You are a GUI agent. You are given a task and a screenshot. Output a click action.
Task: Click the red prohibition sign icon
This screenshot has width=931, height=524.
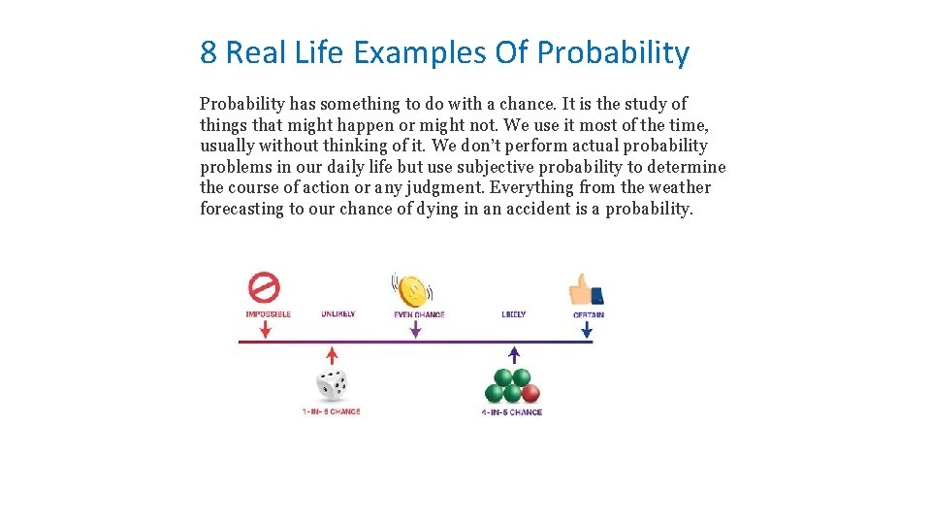[264, 287]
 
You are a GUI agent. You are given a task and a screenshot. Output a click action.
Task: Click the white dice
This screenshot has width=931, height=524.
[333, 385]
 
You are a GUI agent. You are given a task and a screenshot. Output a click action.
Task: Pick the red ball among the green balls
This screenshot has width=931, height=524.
[530, 393]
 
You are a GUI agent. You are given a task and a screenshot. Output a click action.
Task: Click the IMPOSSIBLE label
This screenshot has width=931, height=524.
[268, 314]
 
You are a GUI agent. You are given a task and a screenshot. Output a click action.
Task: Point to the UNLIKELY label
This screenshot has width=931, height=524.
[338, 314]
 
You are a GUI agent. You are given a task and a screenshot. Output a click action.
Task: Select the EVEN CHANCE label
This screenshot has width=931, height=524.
[418, 314]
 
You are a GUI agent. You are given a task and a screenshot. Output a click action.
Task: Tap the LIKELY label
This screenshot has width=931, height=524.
[514, 314]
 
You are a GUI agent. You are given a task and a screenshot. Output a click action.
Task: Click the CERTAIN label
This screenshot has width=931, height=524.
[589, 314]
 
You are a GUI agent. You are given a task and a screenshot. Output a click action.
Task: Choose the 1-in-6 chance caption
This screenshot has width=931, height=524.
[331, 411]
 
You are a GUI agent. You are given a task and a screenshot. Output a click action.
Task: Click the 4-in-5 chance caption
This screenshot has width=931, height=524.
[512, 411]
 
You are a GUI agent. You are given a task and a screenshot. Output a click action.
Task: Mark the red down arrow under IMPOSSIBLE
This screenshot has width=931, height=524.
[266, 330]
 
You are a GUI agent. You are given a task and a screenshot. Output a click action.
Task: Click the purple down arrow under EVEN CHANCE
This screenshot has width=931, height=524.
[415, 330]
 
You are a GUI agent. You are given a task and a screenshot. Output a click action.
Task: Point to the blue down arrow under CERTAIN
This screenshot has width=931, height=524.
[587, 330]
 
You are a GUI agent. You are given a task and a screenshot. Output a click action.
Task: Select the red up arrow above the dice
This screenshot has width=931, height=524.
[333, 354]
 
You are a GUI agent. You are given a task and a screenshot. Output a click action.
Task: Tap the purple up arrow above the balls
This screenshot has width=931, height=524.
[513, 354]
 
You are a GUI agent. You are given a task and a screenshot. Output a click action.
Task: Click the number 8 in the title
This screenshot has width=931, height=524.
[208, 52]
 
